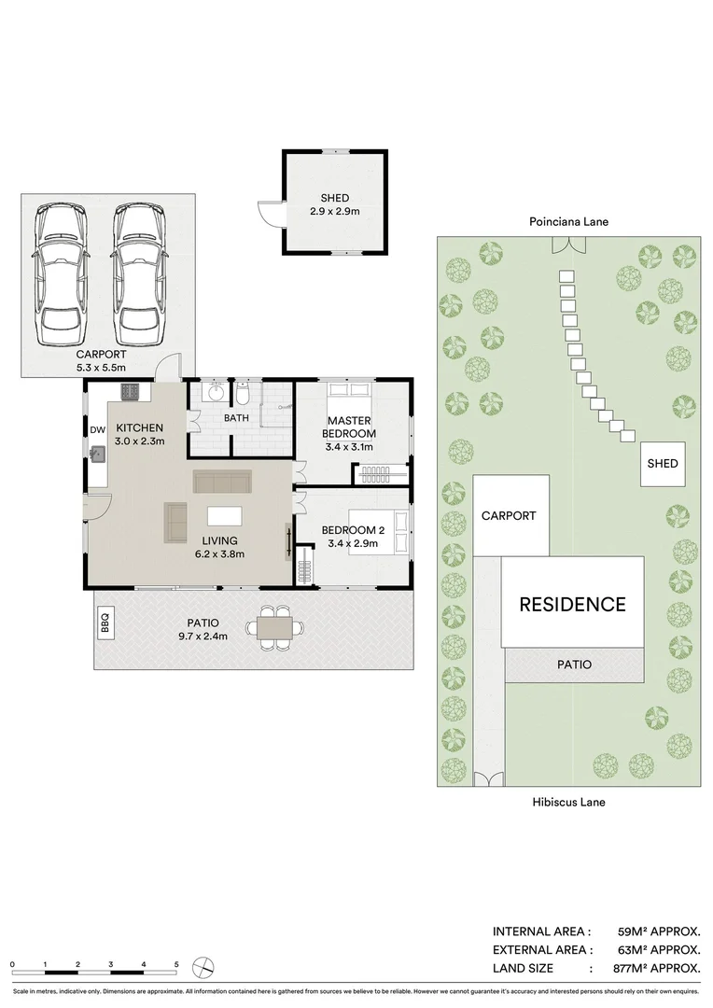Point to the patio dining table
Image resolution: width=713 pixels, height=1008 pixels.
(x=273, y=628)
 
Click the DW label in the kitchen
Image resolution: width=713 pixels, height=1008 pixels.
(x=98, y=430)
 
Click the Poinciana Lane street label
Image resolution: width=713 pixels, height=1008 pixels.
(x=568, y=222)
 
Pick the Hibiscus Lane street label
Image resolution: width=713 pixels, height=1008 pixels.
(x=568, y=802)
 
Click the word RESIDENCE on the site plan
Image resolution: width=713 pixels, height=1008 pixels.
(x=572, y=605)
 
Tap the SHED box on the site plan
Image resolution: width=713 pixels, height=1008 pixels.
(x=662, y=464)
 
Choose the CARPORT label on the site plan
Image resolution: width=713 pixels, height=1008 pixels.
(x=509, y=516)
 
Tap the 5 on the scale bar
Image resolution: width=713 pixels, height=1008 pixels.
(x=176, y=963)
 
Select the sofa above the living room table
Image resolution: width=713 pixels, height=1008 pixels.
(x=222, y=482)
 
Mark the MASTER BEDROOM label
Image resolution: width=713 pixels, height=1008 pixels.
(x=349, y=427)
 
